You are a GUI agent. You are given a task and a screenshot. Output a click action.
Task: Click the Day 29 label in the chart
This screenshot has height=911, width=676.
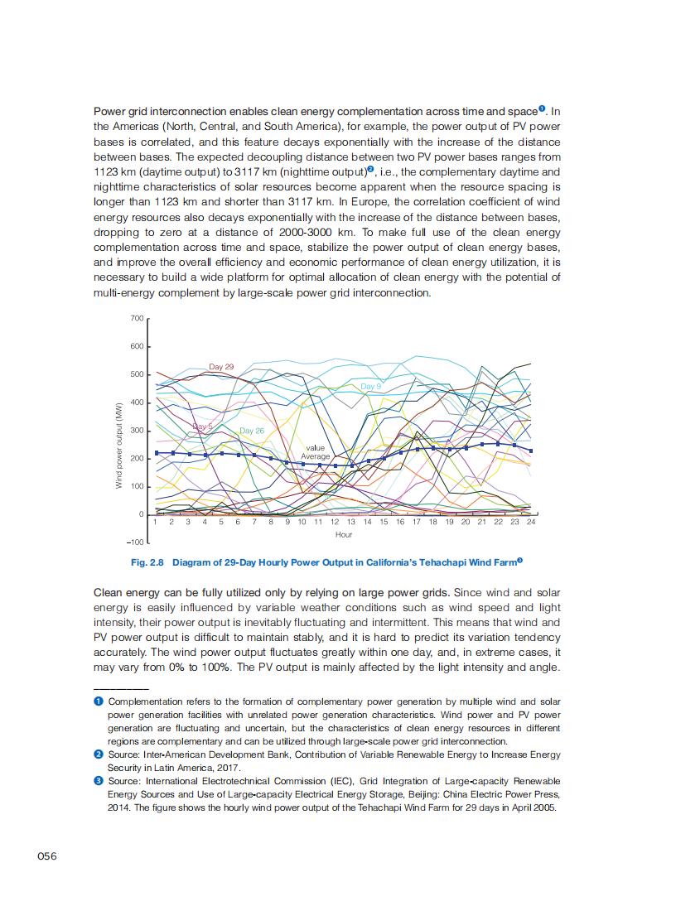point(221,366)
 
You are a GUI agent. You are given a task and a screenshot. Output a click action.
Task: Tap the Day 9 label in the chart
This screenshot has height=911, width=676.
point(371,387)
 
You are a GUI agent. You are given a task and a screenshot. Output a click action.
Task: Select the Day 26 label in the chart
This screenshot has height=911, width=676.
point(252,431)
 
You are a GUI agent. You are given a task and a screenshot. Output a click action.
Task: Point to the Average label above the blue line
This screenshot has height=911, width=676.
point(316,456)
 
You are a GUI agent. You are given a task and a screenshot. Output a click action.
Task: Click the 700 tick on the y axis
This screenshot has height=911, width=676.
point(137,319)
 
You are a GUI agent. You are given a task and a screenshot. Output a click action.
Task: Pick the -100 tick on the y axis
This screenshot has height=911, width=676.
point(135,542)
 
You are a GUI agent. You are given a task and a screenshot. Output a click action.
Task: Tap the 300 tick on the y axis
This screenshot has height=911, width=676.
point(137,431)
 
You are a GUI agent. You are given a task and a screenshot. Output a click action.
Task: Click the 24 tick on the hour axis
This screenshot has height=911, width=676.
point(530,523)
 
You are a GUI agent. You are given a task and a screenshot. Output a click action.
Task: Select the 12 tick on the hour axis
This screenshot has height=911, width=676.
point(335,523)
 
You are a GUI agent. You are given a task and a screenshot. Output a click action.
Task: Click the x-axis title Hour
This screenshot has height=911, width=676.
point(344,535)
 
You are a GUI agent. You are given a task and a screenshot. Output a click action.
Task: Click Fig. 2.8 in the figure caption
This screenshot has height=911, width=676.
point(147,562)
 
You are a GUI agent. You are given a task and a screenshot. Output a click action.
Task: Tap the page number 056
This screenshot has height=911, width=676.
point(47,856)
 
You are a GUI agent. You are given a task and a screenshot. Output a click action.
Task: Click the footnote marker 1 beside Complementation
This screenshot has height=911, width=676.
point(98,701)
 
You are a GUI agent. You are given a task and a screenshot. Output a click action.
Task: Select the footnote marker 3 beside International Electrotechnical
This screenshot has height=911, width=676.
point(98,781)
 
